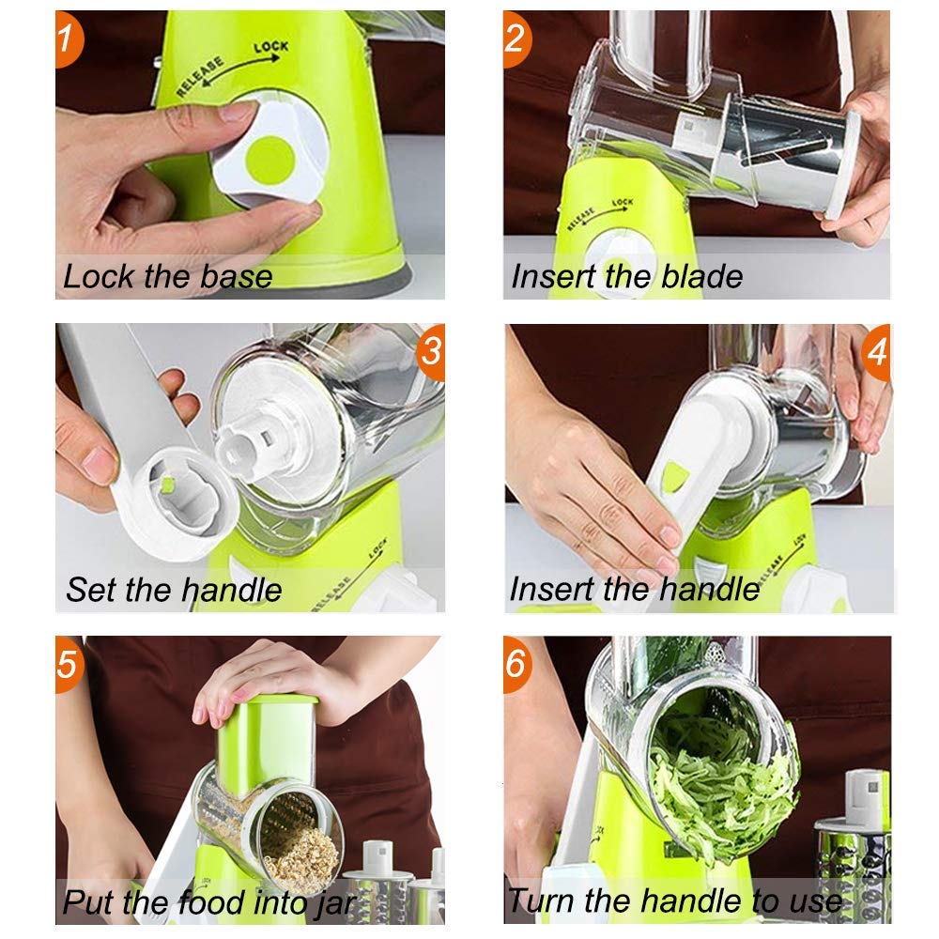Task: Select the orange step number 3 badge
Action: pyautogui.click(x=429, y=352)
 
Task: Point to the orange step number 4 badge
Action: pyautogui.click(x=875, y=352)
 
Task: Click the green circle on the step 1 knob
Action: pyautogui.click(x=270, y=155)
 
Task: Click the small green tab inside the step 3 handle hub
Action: pyautogui.click(x=165, y=484)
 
